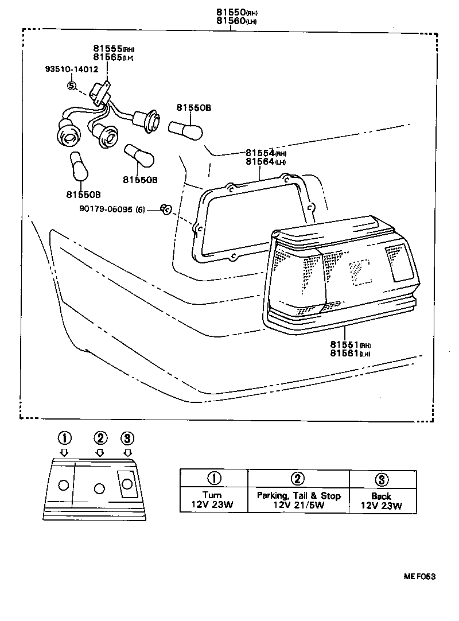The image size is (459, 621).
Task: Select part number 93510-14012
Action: [x=72, y=69]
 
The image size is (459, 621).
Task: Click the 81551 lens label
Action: [x=350, y=344]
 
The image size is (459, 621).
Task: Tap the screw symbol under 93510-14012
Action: [x=72, y=86]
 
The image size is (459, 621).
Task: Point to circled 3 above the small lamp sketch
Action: [x=127, y=438]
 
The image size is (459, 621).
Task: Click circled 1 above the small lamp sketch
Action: [x=64, y=438]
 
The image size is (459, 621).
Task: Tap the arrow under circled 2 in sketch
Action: [x=100, y=452]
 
